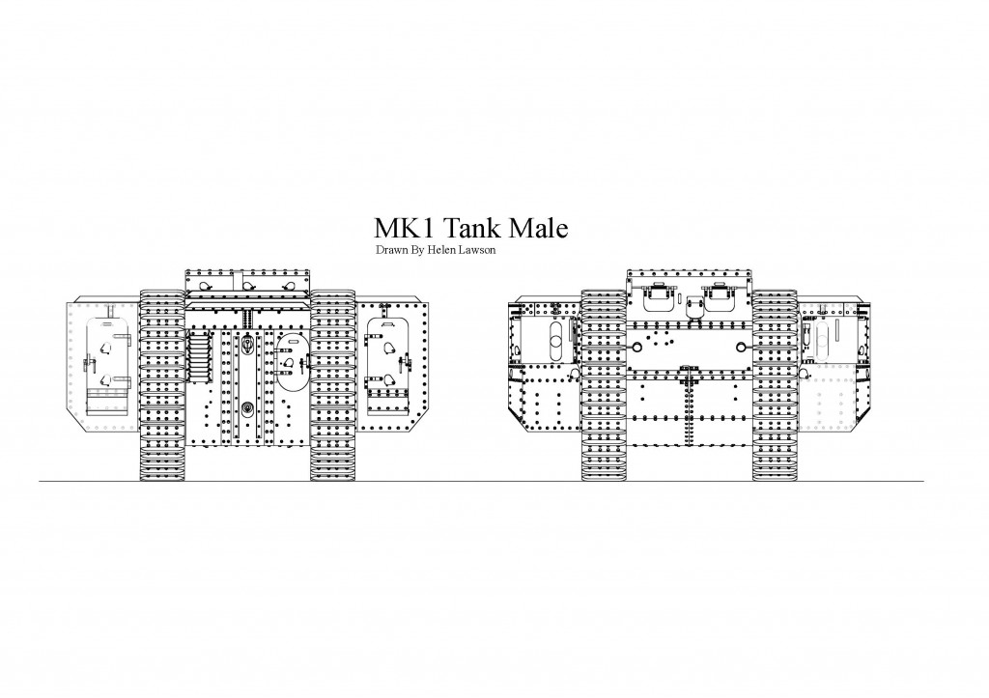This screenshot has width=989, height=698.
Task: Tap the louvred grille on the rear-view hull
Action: [199, 357]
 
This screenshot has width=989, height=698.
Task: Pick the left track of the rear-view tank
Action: [161, 385]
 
